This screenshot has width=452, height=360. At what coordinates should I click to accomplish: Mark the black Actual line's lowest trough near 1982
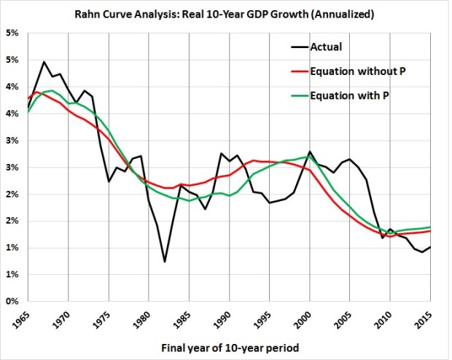click(165, 262)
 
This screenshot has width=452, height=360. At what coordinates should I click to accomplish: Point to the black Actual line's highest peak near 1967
click(44, 62)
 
